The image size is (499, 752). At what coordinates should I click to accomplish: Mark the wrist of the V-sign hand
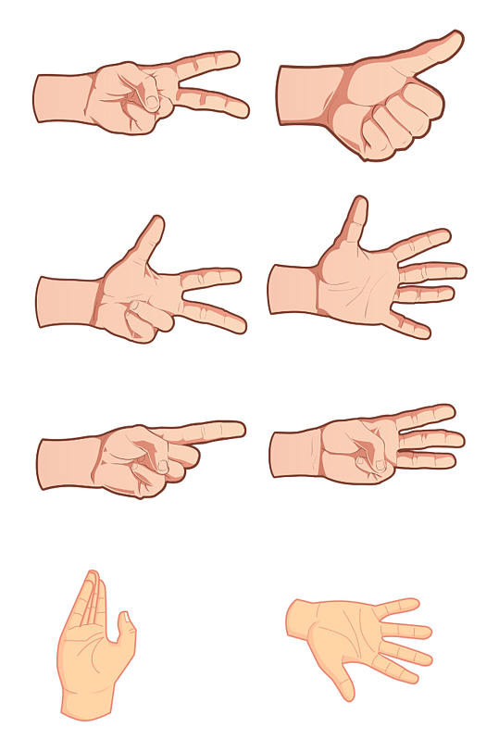57,98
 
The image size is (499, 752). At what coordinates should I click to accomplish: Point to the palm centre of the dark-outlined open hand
356,282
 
